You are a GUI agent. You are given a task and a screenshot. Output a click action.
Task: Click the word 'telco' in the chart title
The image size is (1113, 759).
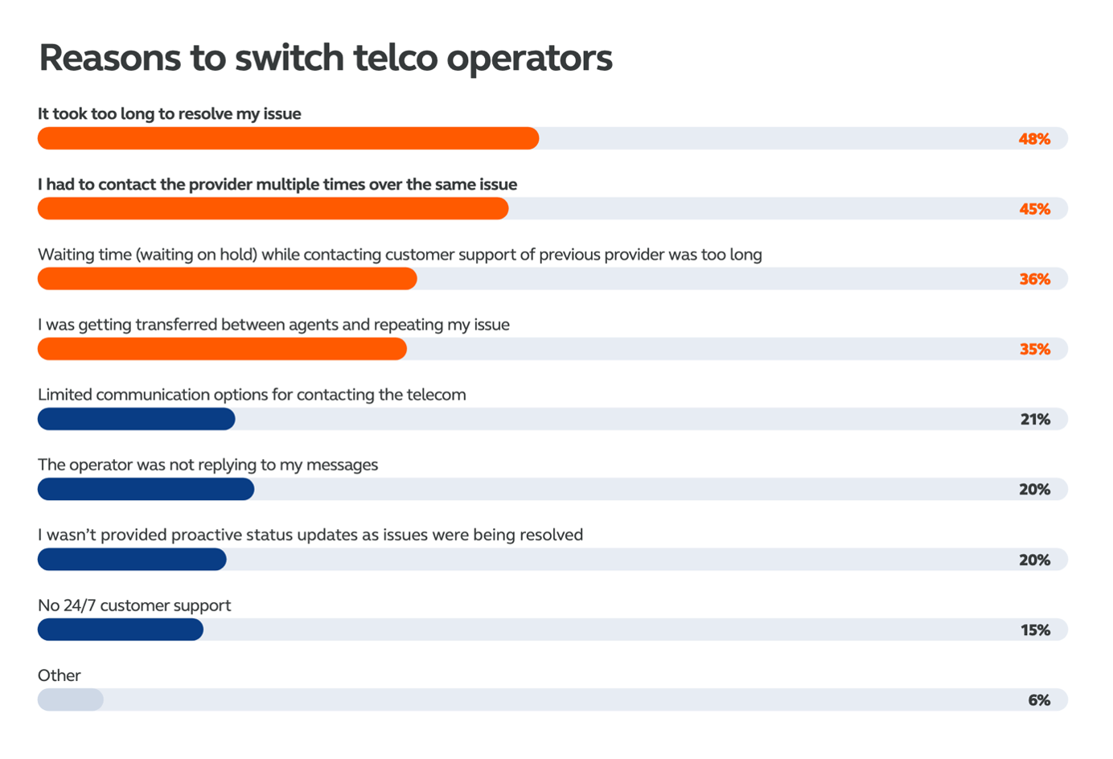[395, 58]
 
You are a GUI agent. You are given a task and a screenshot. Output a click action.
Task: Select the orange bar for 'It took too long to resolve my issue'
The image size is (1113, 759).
[288, 138]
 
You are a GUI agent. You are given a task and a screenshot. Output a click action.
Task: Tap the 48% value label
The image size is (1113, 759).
[1034, 139]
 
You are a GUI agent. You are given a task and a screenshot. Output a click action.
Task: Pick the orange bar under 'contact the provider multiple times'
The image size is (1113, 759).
[273, 209]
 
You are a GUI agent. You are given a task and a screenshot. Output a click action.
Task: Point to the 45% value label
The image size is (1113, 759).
[1034, 209]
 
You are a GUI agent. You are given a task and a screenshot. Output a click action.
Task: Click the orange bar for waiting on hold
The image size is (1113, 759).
[227, 279]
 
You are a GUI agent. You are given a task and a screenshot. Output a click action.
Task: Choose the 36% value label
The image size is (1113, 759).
[1034, 279]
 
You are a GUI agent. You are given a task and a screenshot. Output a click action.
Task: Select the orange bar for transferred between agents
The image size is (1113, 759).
[222, 349]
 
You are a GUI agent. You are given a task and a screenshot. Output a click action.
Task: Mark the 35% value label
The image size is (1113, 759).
[1034, 349]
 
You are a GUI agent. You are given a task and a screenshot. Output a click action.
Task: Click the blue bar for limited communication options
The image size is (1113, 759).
[136, 419]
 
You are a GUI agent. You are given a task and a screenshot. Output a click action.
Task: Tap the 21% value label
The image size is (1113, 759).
[1035, 419]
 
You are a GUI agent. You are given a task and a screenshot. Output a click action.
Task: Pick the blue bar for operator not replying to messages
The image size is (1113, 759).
[146, 489]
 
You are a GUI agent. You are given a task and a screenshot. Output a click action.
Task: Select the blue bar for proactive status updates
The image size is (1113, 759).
[132, 560]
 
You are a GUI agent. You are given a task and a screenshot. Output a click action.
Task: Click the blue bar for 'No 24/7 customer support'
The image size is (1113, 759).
[120, 630]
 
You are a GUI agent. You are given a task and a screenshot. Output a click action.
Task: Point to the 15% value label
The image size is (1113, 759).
[1035, 630]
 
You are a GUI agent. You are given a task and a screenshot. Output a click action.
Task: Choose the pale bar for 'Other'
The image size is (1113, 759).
[70, 700]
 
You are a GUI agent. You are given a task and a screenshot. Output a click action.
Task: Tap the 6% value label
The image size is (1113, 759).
[1039, 700]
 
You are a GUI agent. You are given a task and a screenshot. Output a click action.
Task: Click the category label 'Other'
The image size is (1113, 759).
[59, 675]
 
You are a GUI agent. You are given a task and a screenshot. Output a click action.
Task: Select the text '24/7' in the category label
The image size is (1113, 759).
[80, 605]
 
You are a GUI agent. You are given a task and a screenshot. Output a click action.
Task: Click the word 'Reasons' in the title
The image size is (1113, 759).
[110, 58]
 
